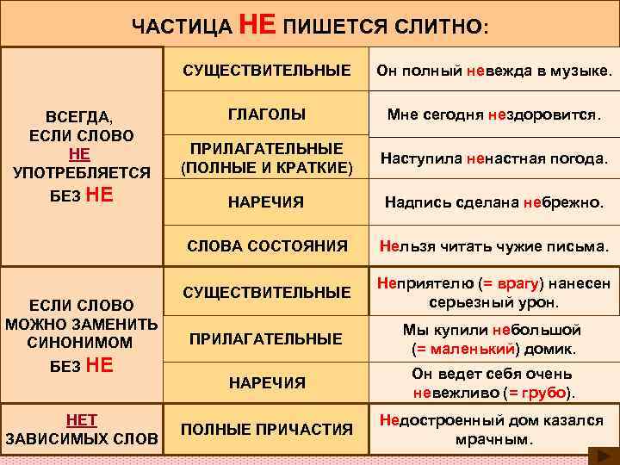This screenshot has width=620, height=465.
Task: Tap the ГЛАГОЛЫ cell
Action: (267, 114)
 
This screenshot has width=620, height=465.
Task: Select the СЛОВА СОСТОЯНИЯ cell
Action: (267, 245)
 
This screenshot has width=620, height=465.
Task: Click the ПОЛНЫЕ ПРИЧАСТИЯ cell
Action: (267, 428)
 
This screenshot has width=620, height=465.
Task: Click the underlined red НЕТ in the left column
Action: (82, 419)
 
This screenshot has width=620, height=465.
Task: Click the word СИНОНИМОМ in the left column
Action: (80, 342)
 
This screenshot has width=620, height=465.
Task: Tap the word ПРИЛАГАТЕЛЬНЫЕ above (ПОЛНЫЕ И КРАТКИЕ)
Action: (267, 148)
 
